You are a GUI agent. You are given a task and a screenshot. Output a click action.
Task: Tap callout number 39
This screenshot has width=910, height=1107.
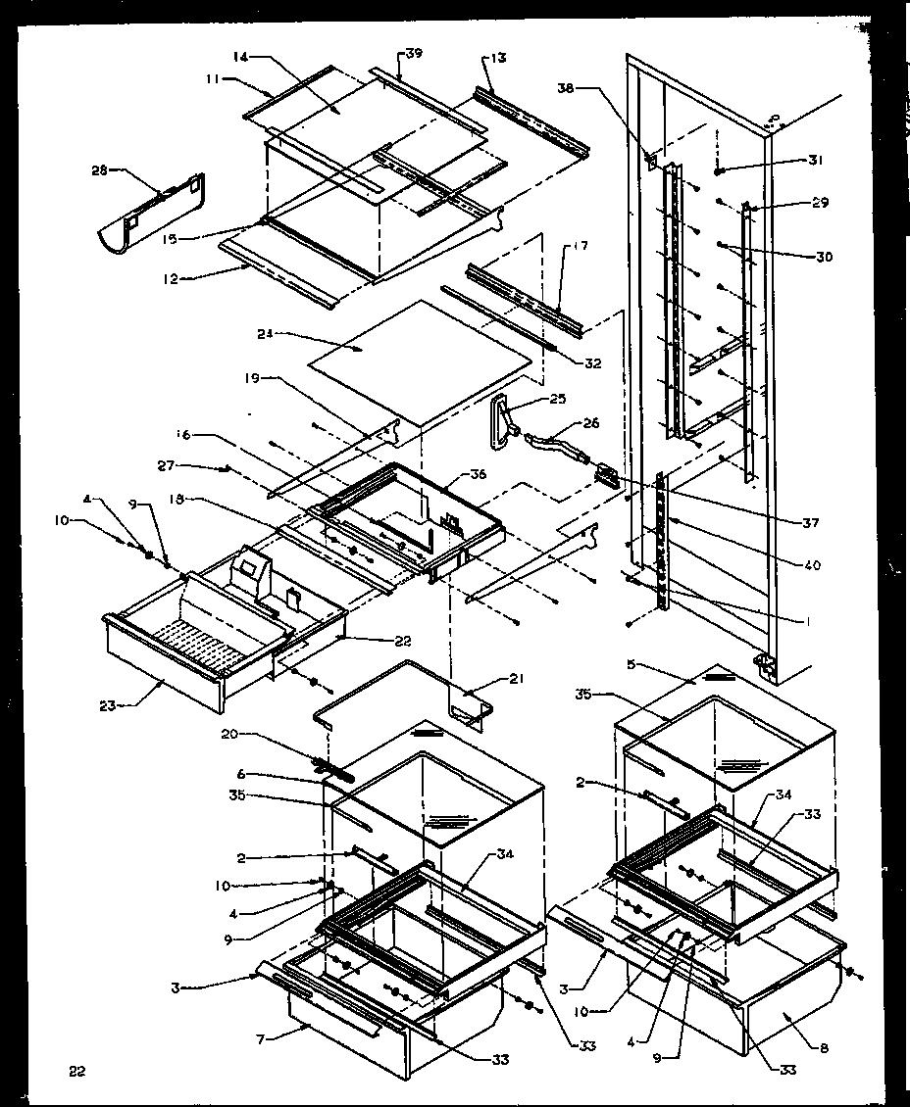click(413, 53)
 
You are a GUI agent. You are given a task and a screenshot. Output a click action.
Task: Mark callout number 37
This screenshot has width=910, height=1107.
click(810, 522)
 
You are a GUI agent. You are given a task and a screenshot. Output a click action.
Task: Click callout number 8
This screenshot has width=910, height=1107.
click(823, 1048)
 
